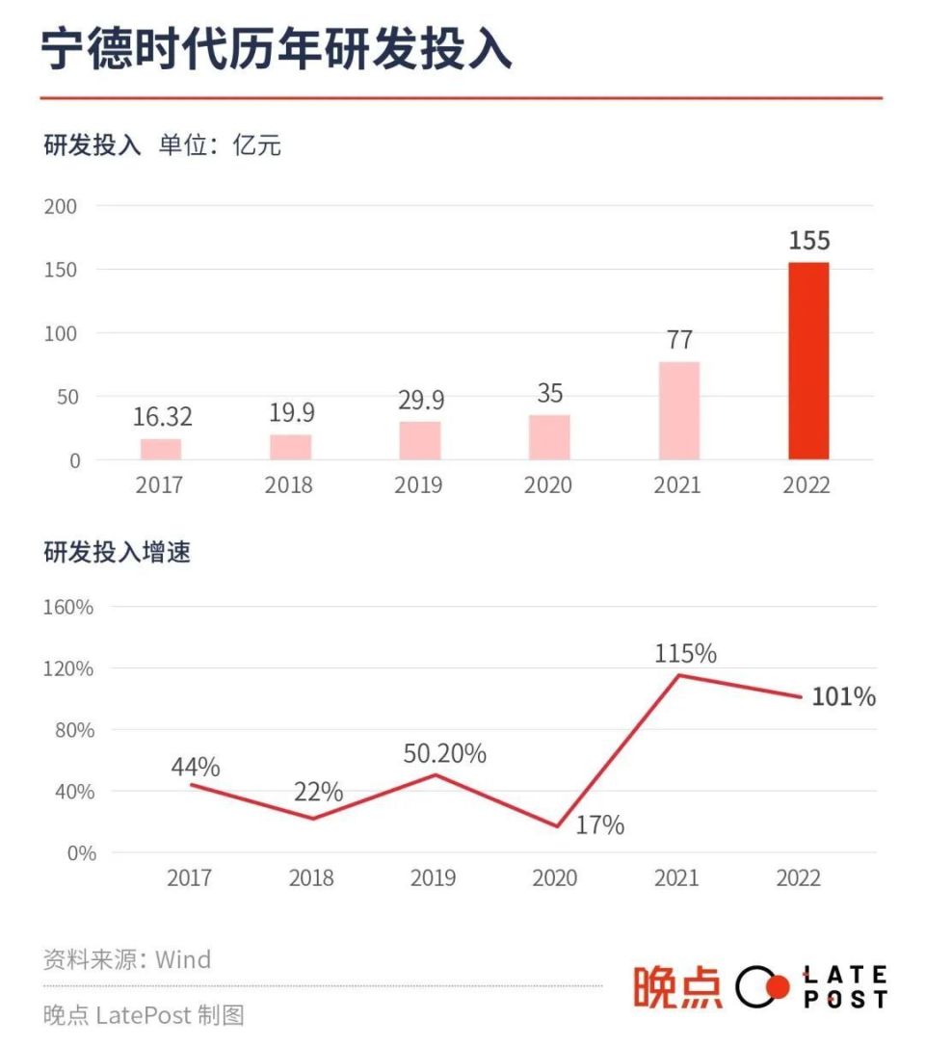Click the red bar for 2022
coord(808,361)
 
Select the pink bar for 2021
coord(678,411)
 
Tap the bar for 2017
coord(160,450)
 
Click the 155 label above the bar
coord(808,241)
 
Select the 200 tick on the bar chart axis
coord(60,206)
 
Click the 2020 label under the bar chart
coord(548,484)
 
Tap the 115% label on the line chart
coord(685,654)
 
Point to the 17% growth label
coord(600,825)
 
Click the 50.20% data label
coord(444,754)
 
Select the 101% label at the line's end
coord(843,697)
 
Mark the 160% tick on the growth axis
coord(67,607)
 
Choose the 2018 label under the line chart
coord(311,878)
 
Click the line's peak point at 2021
coord(678,675)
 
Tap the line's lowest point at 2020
coord(556,826)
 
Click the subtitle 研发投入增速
coord(117,553)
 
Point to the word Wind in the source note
coord(183,959)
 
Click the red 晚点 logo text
coord(677,987)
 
